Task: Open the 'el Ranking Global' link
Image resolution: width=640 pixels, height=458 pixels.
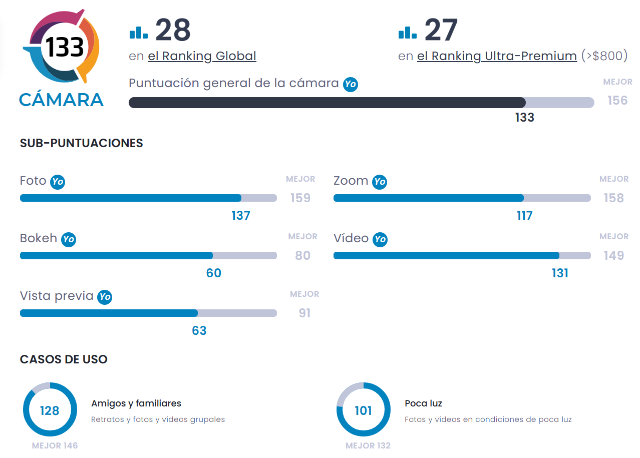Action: pos(202,56)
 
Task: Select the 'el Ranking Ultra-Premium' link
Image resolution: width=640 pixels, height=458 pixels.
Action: pos(497,56)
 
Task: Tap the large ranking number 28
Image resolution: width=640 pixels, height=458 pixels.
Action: pos(173,31)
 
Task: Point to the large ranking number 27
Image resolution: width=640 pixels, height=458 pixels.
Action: pos(441,31)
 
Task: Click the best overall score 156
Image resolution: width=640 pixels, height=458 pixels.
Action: pos(617,101)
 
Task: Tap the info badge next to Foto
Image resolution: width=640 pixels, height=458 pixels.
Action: pos(58,182)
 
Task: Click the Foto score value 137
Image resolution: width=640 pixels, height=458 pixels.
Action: pos(240,216)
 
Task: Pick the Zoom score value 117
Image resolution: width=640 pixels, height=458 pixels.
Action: pos(524,216)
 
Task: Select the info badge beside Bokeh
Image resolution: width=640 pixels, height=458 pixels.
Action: pos(69,239)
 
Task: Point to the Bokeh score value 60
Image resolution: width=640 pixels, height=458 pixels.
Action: pos(214,273)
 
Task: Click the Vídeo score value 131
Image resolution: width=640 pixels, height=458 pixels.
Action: pos(560,273)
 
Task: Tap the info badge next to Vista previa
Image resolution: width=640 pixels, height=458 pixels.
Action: pos(104,297)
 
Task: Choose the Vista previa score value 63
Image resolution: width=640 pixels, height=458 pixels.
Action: pos(199,331)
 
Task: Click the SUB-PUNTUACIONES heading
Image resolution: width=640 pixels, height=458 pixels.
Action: pos(82,143)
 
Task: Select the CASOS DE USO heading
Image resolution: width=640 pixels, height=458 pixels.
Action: pos(64,359)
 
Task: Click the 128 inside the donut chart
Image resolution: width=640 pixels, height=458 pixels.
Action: pos(50,411)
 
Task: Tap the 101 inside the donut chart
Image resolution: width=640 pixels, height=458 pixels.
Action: pos(363,411)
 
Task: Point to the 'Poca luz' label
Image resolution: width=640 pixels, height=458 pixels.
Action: pos(423,403)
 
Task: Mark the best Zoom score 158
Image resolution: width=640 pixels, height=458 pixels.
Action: pos(613,198)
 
